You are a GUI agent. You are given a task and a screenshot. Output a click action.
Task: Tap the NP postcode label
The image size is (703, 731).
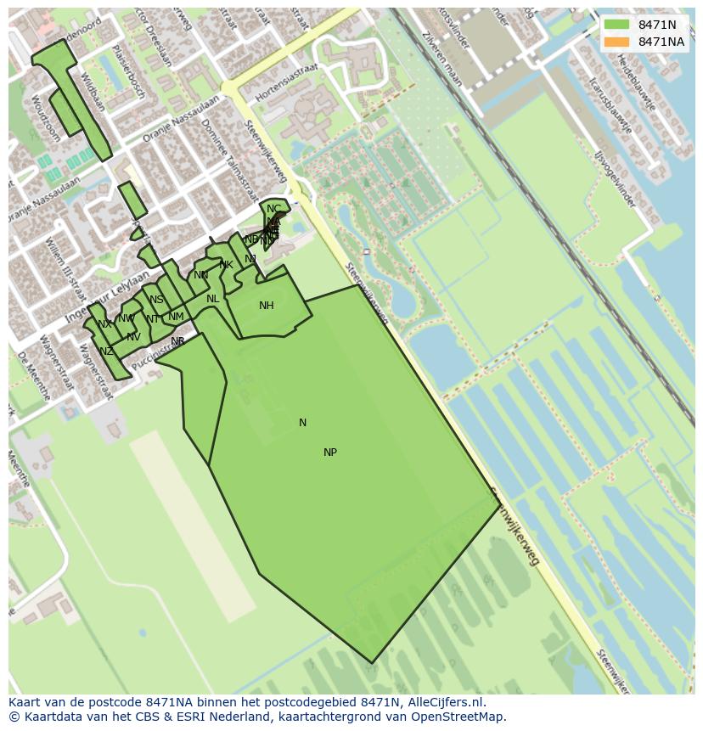click(330, 453)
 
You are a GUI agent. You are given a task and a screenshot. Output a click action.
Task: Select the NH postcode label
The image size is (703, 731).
click(267, 306)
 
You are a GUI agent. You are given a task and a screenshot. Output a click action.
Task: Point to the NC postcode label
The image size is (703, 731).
click(273, 209)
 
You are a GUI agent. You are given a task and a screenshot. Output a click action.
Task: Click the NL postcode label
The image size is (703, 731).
click(213, 299)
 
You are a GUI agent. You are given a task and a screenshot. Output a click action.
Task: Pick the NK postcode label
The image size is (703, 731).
click(226, 265)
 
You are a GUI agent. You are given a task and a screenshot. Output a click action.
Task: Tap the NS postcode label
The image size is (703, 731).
click(156, 300)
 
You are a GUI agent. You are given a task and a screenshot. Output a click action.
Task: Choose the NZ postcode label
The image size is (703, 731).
click(106, 351)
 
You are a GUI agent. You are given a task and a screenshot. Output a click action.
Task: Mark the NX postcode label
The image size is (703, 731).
click(104, 324)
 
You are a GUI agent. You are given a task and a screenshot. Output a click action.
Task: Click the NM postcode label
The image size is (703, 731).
click(176, 317)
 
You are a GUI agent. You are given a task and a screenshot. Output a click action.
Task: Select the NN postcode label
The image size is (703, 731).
click(201, 275)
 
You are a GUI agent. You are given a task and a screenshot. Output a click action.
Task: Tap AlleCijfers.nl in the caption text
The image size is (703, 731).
click(446, 702)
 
